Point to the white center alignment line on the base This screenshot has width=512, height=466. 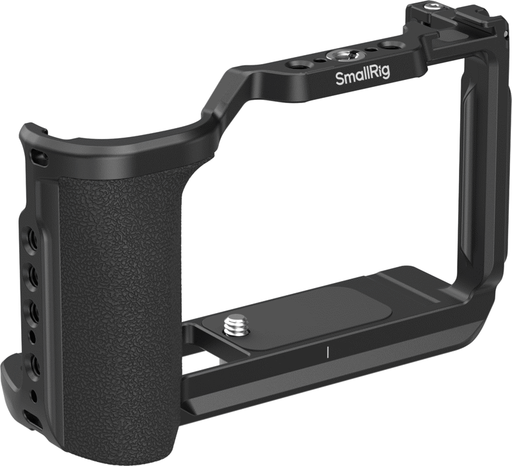click(327, 351)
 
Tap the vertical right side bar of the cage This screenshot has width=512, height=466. click(471, 192)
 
